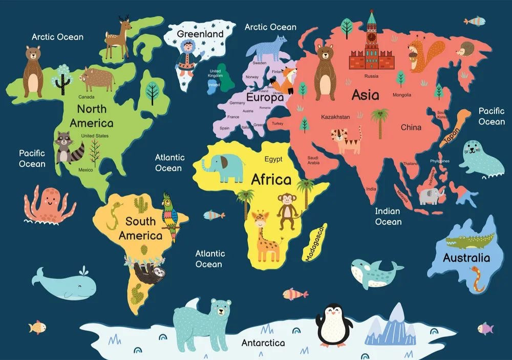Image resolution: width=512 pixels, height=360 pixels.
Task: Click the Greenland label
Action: point(200,34)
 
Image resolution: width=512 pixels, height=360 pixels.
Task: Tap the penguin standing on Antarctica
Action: point(332,325)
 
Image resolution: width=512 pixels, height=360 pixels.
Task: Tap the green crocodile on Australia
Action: point(469,240)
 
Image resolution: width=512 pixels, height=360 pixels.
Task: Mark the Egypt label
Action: point(273,159)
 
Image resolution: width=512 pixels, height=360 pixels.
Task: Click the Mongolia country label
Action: point(401,95)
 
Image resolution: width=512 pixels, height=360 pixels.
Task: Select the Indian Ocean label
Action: point(388,216)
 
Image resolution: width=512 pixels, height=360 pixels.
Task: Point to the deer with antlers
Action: point(117,37)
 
